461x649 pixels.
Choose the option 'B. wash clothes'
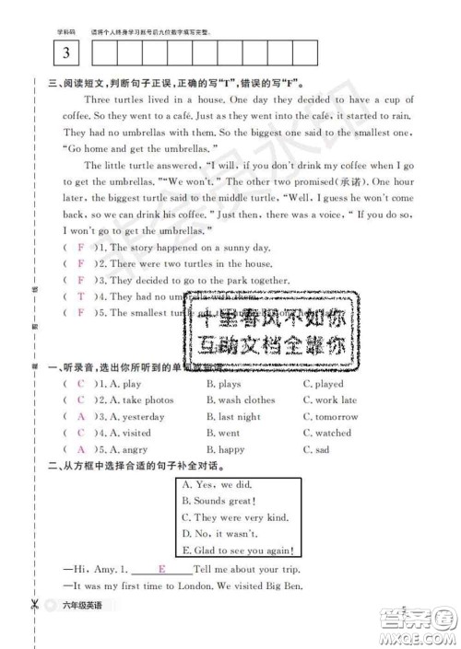click(241, 400)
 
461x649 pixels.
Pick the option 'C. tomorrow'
click(330, 417)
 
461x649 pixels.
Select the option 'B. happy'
click(226, 450)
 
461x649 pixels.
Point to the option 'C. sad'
click(316, 450)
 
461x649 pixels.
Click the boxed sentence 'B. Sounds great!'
click(218, 501)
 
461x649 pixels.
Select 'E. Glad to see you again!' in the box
click(238, 550)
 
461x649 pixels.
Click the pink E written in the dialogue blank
click(161, 570)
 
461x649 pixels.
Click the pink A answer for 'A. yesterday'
click(80, 417)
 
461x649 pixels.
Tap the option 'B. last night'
click(233, 417)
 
